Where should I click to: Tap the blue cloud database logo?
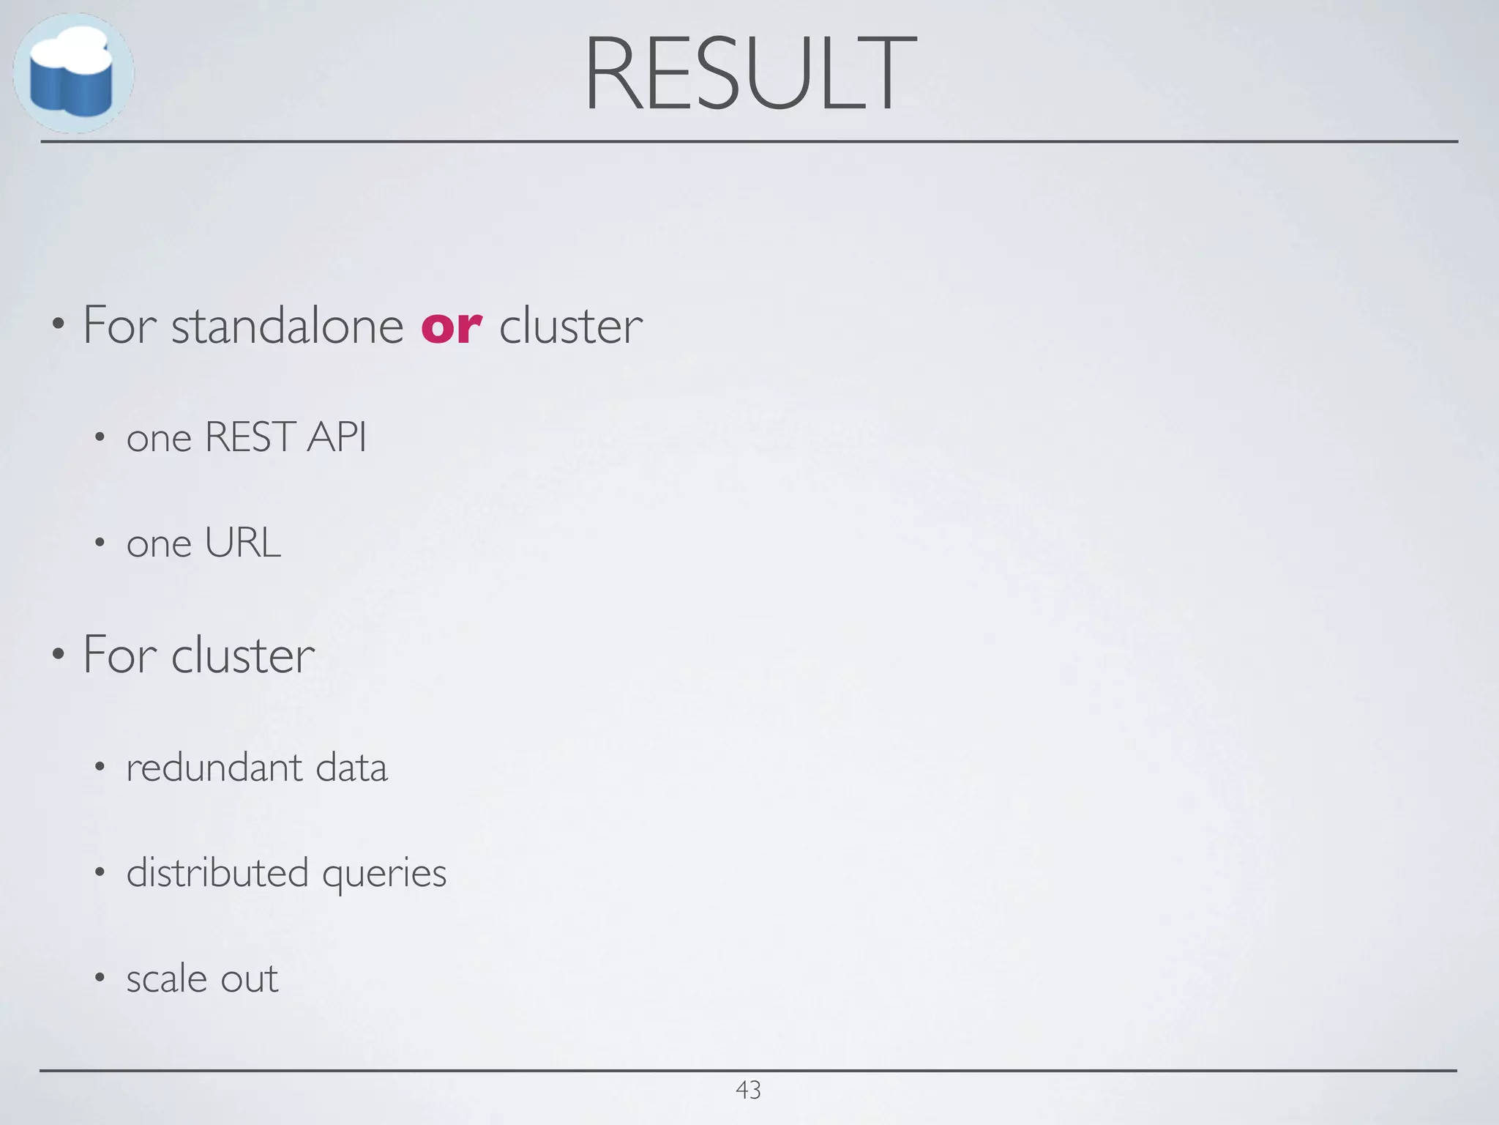[x=72, y=73]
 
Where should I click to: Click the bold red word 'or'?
[x=451, y=327]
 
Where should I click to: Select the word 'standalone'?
[x=287, y=325]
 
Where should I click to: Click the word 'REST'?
[x=250, y=437]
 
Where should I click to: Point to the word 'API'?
[x=337, y=437]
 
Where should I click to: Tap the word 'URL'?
[x=242, y=543]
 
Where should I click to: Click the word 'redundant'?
[x=214, y=768]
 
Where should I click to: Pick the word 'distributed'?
[x=217, y=872]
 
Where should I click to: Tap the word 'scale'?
[x=167, y=979]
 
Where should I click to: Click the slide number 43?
[x=748, y=1090]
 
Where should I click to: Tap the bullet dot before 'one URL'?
[x=100, y=543]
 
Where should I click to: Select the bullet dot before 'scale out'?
[x=100, y=978]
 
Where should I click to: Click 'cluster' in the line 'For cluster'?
[x=243, y=655]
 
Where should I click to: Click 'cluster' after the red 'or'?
[x=571, y=325]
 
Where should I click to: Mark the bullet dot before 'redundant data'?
[x=100, y=767]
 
